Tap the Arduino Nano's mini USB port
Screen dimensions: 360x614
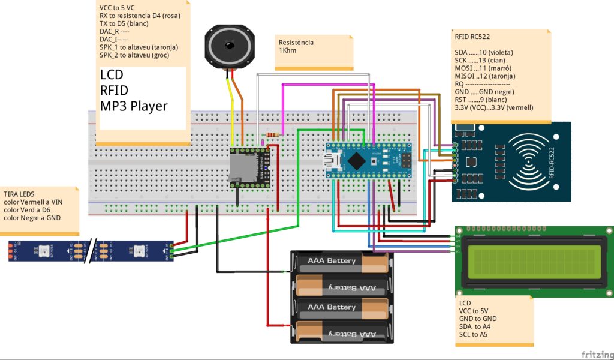tap(331, 160)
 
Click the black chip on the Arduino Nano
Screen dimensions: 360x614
tap(359, 160)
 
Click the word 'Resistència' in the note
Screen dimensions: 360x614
tap(296, 43)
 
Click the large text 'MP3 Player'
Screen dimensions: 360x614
tap(134, 106)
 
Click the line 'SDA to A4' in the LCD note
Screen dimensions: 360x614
tap(474, 326)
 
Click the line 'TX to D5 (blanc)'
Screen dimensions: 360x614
tap(124, 23)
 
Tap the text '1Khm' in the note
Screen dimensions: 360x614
tap(288, 50)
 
